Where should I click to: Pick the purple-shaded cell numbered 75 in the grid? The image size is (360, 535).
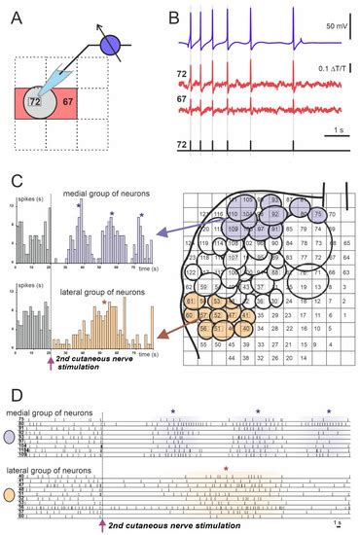coord(317,216)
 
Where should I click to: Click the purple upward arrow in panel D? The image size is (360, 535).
coord(104,523)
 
